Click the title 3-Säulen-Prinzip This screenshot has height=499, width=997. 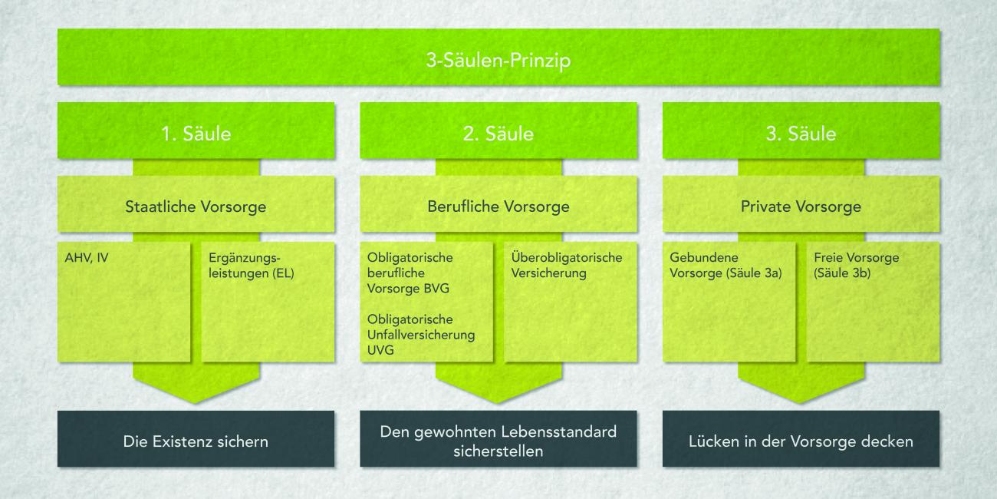coord(498,61)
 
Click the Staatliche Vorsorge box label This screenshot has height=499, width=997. coord(196,207)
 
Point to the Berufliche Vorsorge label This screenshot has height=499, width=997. coord(498,207)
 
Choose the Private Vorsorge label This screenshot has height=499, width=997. coord(801,207)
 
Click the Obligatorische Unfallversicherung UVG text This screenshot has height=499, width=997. coord(421,334)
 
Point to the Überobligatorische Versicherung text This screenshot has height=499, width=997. coord(567,265)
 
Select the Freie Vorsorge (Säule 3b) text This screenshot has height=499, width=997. coord(856,265)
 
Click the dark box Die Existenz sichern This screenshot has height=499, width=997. coord(196,441)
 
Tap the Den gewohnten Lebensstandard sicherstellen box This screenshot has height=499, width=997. coord(498,441)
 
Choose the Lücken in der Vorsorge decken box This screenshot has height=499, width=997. coord(801,441)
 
